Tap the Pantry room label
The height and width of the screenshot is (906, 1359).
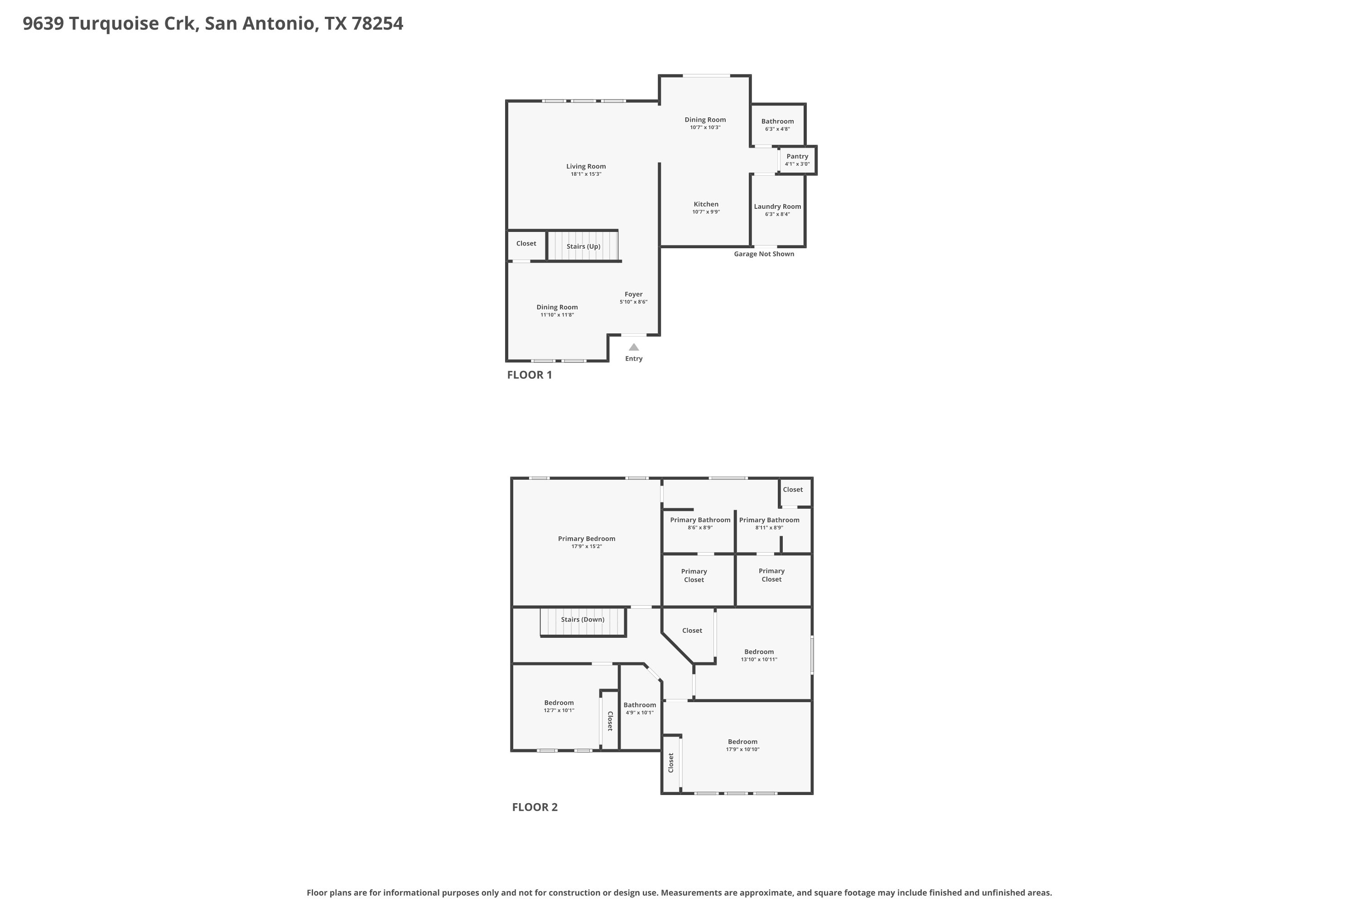click(797, 157)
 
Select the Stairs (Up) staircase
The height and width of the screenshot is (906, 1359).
click(583, 246)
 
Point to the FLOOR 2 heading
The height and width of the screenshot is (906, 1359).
click(535, 807)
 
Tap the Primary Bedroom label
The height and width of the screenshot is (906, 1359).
click(587, 539)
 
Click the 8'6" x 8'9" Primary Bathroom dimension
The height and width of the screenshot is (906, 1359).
click(700, 528)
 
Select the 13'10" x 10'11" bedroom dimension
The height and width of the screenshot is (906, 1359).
click(759, 659)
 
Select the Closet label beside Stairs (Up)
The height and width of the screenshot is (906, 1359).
click(526, 243)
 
